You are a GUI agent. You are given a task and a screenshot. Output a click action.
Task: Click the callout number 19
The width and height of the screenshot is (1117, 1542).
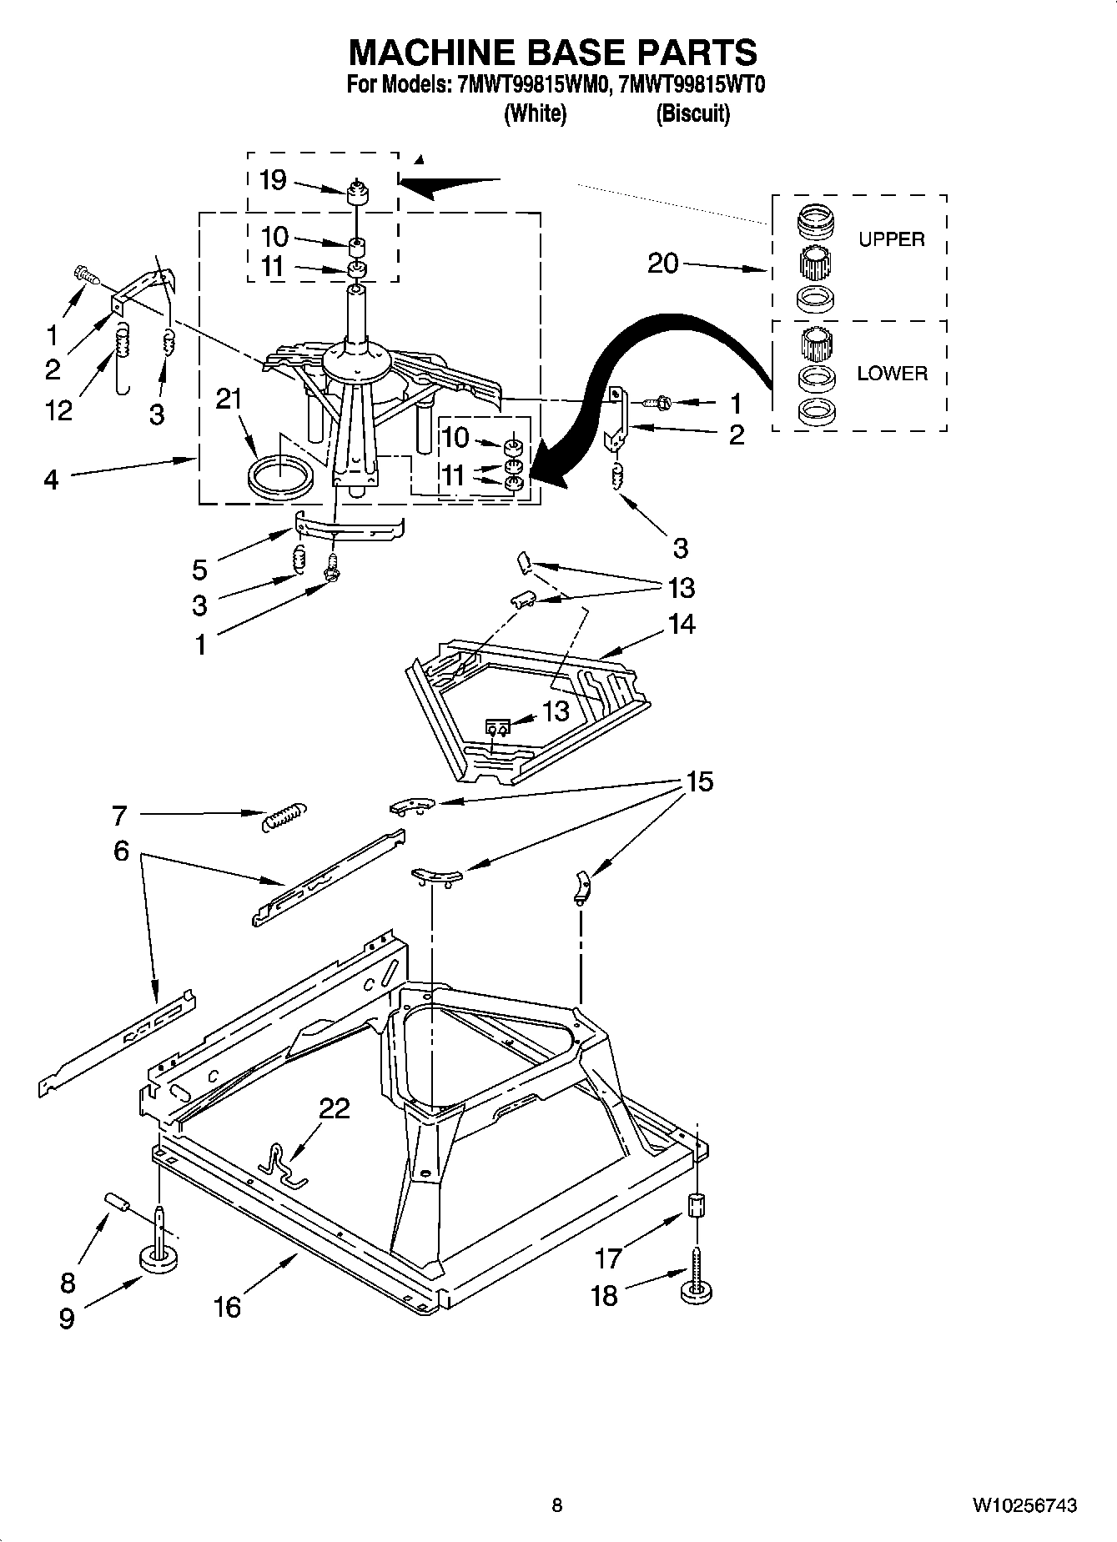(x=273, y=179)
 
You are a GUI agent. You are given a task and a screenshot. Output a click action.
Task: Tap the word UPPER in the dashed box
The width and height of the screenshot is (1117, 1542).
(x=891, y=239)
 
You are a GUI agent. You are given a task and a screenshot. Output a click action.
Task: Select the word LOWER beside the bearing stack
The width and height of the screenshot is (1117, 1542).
(x=892, y=374)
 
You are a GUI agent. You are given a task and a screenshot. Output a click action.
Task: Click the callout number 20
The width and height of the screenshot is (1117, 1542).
(x=663, y=263)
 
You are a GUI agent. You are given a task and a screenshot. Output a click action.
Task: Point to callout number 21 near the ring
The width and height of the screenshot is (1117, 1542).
(x=229, y=399)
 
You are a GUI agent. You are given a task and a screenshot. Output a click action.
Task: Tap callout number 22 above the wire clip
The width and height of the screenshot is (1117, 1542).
(x=334, y=1108)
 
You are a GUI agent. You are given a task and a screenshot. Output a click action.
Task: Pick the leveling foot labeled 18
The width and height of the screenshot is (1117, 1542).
(x=696, y=1291)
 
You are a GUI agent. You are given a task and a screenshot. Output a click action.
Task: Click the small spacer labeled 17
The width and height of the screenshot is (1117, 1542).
(x=696, y=1206)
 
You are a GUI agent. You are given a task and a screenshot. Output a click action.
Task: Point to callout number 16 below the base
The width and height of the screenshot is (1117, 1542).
(x=227, y=1306)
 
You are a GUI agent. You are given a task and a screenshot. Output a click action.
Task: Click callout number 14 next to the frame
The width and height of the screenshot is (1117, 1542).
(x=682, y=625)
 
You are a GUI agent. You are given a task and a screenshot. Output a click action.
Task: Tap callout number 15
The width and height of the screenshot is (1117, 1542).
(x=699, y=781)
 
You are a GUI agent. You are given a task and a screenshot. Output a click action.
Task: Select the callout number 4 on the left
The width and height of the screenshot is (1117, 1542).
(x=51, y=480)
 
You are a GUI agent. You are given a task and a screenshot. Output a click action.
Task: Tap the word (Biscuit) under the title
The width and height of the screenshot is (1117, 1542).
(x=692, y=113)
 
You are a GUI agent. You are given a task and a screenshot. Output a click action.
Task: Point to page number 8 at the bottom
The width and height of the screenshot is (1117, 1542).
(x=557, y=1504)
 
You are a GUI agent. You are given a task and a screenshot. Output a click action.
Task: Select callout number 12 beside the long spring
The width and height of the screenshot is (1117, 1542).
(x=58, y=409)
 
